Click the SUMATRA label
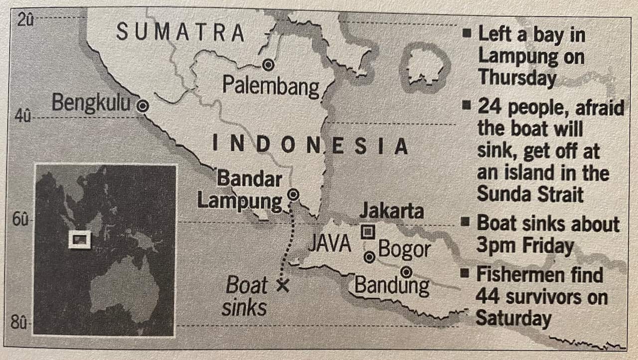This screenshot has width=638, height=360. coord(180,33)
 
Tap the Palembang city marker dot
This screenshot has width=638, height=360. coord(269,64)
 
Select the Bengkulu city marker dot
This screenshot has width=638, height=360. coord(143,106)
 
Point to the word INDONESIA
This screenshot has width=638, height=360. coord(310,145)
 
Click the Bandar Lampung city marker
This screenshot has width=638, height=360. coord(294,194)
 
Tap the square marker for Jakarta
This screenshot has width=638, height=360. coord(368,231)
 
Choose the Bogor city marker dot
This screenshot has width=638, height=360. coord(369,257)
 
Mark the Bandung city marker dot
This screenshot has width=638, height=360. coord(407,272)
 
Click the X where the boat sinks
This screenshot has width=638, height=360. coord(283,285)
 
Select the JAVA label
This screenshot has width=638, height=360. coord(329,244)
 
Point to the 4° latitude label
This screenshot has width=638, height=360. coord(23,117)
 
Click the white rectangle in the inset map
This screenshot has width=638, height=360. coord(80,240)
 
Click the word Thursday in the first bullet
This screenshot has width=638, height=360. coord(517,78)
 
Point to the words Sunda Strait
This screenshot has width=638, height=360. coord(530,194)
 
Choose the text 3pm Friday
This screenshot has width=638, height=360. coord(525,245)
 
